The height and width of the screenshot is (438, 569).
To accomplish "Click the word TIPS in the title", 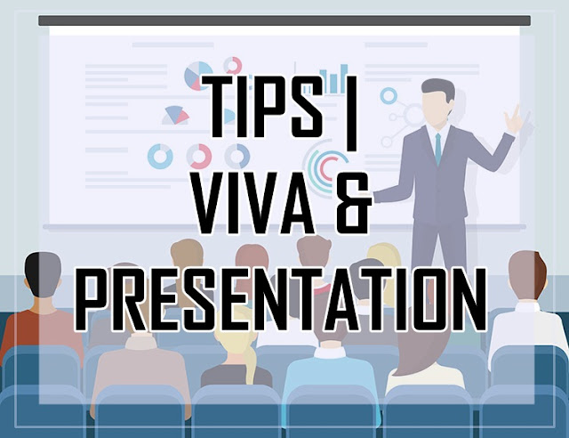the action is (x=262, y=106).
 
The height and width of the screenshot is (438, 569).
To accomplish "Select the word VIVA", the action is (x=254, y=203).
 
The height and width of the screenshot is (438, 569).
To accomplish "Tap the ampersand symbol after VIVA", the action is (x=353, y=203).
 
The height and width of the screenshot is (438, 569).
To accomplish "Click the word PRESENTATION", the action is (x=280, y=299).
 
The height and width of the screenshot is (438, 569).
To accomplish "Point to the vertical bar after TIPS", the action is (x=352, y=113).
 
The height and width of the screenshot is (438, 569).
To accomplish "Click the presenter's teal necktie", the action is (x=438, y=149).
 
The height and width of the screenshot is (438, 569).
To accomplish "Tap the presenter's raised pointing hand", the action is (x=514, y=119).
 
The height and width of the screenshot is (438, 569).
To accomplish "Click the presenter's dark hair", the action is (x=439, y=88).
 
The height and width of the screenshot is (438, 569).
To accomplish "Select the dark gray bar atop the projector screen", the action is (x=284, y=20).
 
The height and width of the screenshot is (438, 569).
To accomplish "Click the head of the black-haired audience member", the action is (x=43, y=274).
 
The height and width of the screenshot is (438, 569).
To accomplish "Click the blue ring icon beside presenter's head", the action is (x=389, y=96).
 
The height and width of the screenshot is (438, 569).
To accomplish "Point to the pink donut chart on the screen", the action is (x=199, y=157).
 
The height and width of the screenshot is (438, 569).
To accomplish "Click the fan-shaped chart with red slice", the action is (x=176, y=115).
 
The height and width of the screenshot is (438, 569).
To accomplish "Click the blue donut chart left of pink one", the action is (x=160, y=157).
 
